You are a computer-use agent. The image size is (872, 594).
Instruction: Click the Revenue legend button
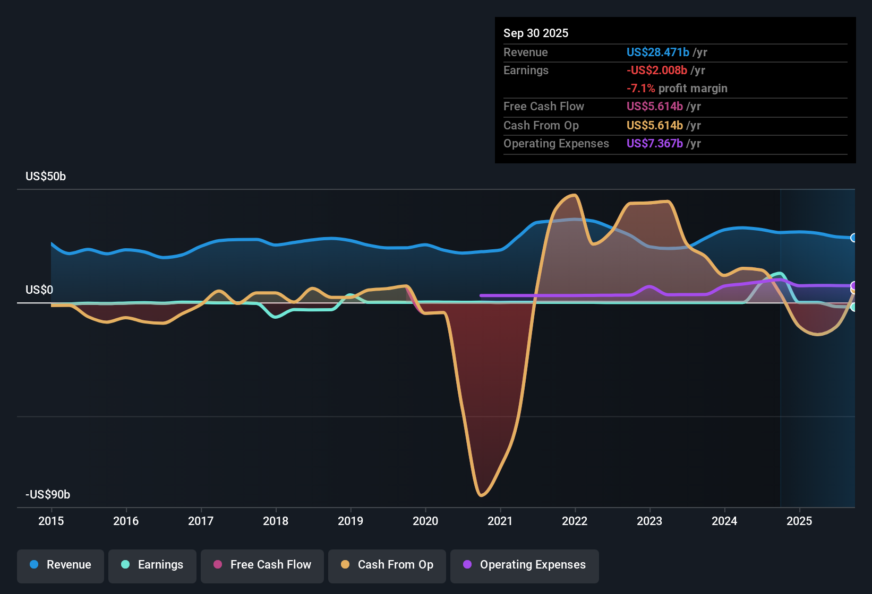tap(61, 565)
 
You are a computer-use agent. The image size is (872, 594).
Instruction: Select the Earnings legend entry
tap(152, 565)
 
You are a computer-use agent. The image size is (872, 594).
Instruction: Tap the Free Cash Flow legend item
tap(262, 565)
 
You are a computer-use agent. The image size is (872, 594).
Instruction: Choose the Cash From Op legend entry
tap(387, 565)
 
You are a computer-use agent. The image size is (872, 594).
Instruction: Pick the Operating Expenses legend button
tap(525, 565)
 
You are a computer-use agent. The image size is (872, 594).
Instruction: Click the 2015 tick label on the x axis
tap(51, 521)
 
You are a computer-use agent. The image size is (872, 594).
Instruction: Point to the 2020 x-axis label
tap(425, 521)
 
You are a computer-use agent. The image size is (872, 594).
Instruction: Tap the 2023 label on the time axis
tap(649, 521)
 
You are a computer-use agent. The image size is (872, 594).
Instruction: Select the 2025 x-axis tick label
tap(799, 521)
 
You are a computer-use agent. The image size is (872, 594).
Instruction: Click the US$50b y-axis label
tap(46, 177)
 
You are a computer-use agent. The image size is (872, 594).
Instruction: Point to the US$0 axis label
tap(39, 290)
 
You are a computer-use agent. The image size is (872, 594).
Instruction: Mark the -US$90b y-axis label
tap(48, 494)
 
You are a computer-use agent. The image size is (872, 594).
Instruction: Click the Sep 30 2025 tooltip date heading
tap(536, 33)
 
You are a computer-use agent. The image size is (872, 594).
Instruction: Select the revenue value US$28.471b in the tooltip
tap(657, 52)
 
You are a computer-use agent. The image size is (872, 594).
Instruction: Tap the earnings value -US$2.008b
tap(656, 70)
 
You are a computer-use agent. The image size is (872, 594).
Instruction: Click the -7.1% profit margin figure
tap(640, 88)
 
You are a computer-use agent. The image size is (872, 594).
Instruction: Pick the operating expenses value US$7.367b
tap(654, 143)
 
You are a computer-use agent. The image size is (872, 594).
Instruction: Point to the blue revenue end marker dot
tap(853, 238)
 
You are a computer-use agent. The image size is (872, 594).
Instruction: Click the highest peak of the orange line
tap(574, 195)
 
